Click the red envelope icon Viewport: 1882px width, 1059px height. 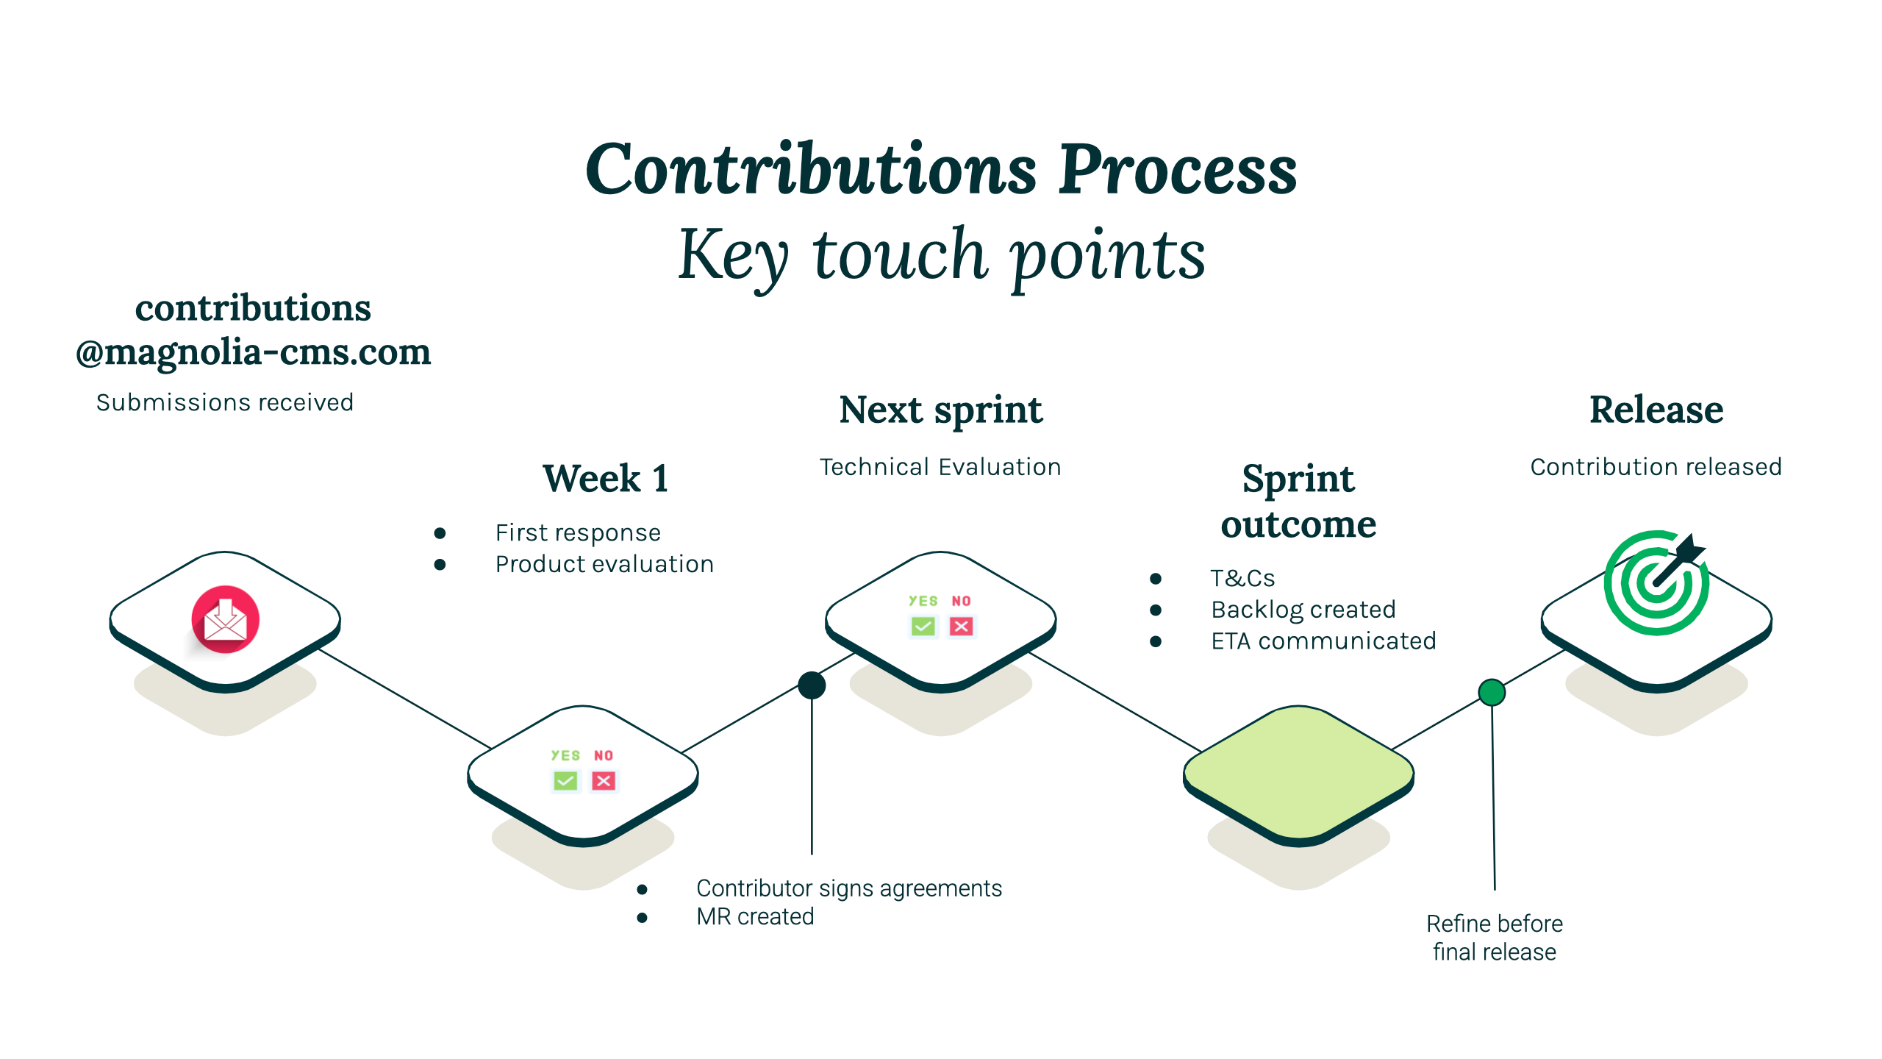click(225, 619)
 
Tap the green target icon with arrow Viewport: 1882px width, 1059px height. click(1656, 583)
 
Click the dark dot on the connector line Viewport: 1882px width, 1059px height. click(812, 685)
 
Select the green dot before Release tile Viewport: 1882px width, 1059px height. click(1492, 692)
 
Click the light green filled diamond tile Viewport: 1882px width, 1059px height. click(1298, 772)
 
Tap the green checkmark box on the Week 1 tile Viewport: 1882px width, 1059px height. click(565, 780)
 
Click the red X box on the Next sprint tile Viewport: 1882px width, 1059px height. click(961, 626)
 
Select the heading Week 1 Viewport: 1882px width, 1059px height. click(606, 479)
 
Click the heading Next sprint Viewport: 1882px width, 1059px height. click(940, 410)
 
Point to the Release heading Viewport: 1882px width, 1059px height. click(1656, 410)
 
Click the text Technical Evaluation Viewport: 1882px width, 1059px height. click(940, 467)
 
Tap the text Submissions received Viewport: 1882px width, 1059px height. click(225, 402)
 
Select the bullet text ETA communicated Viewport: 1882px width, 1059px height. click(1323, 641)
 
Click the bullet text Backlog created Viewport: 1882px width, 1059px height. click(1303, 610)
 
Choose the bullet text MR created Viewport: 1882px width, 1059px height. click(755, 917)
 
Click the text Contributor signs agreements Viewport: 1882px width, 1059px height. click(849, 888)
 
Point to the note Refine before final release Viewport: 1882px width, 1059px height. click(1495, 938)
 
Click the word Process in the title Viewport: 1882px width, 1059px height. click(1178, 171)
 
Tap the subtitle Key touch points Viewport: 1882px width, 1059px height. click(941, 254)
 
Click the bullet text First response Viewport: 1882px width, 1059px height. click(578, 532)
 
